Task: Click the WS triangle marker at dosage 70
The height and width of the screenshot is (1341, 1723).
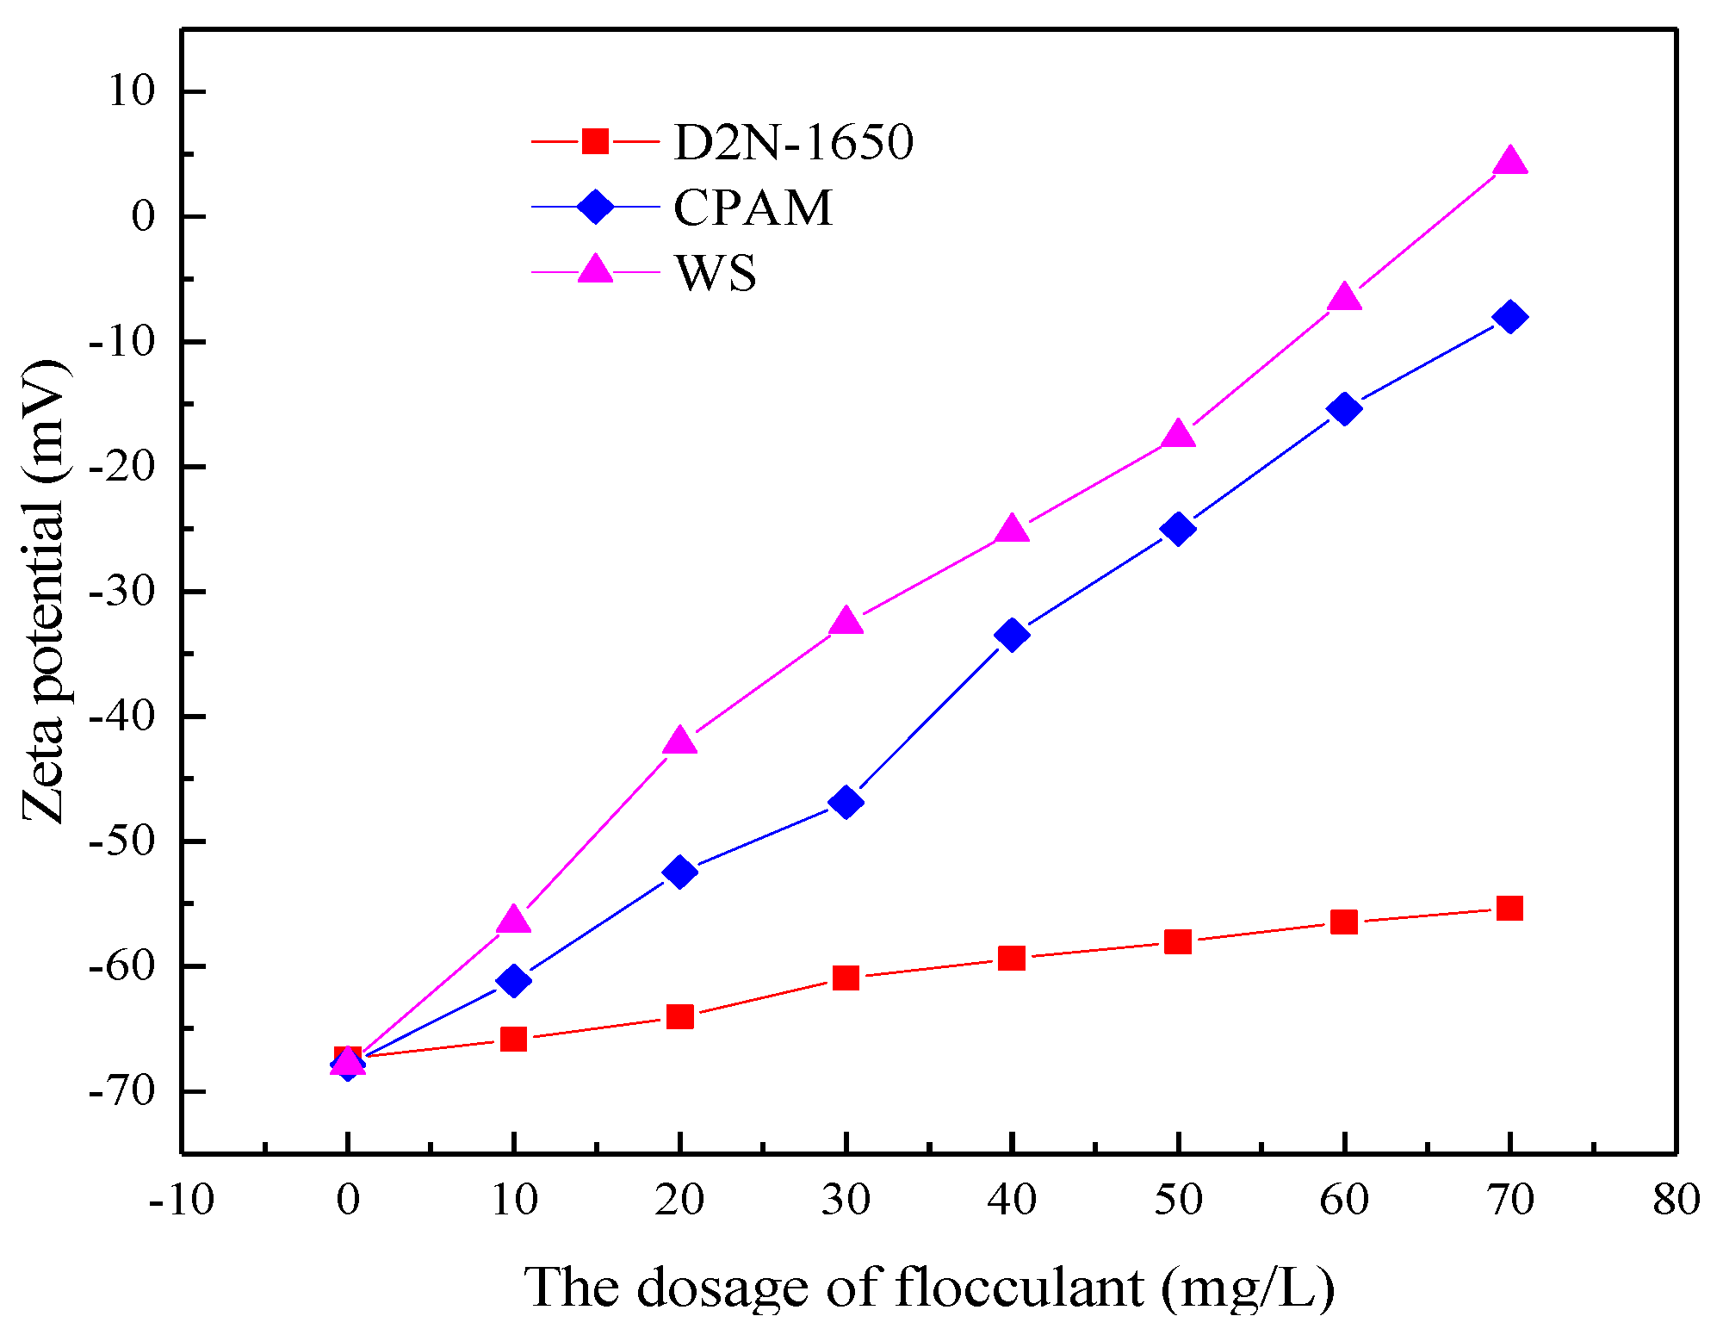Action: point(1509,161)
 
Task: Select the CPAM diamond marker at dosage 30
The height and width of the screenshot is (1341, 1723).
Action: point(846,802)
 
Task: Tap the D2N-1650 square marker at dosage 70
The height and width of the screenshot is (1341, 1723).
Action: point(1509,909)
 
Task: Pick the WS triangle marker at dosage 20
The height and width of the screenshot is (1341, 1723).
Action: point(679,741)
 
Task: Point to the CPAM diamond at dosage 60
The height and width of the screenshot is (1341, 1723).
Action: point(1344,408)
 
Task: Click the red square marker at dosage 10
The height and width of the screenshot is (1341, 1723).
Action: point(513,1039)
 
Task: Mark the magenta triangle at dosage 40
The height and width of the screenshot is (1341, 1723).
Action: point(1012,529)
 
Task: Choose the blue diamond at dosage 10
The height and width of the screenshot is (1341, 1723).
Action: point(513,980)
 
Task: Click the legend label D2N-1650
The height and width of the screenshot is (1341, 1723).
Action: point(793,142)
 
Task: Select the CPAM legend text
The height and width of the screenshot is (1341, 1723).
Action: point(753,208)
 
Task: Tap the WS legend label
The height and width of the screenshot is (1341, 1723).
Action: point(716,273)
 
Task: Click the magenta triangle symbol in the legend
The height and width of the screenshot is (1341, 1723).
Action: point(595,270)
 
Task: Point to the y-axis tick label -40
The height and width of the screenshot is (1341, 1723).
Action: point(121,717)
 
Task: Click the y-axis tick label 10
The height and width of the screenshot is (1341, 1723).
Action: point(131,91)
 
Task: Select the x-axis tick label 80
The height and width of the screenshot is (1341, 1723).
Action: point(1676,1199)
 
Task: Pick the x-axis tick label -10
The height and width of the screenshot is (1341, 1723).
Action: point(181,1199)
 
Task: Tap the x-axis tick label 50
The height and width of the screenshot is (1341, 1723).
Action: point(1177,1199)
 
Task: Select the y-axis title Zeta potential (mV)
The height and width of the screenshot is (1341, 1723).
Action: point(45,592)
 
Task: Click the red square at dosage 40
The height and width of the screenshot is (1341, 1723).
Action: point(1012,958)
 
